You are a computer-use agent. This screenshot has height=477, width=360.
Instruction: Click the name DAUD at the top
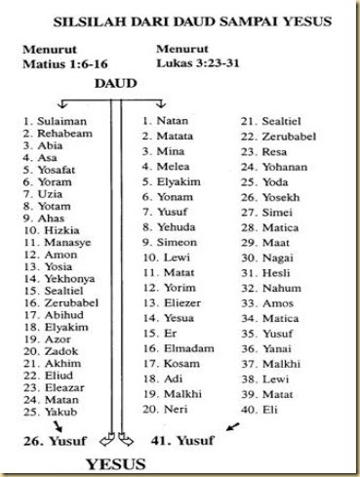pyautogui.click(x=114, y=84)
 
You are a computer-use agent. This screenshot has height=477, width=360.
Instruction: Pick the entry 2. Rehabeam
pyautogui.click(x=53, y=133)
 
